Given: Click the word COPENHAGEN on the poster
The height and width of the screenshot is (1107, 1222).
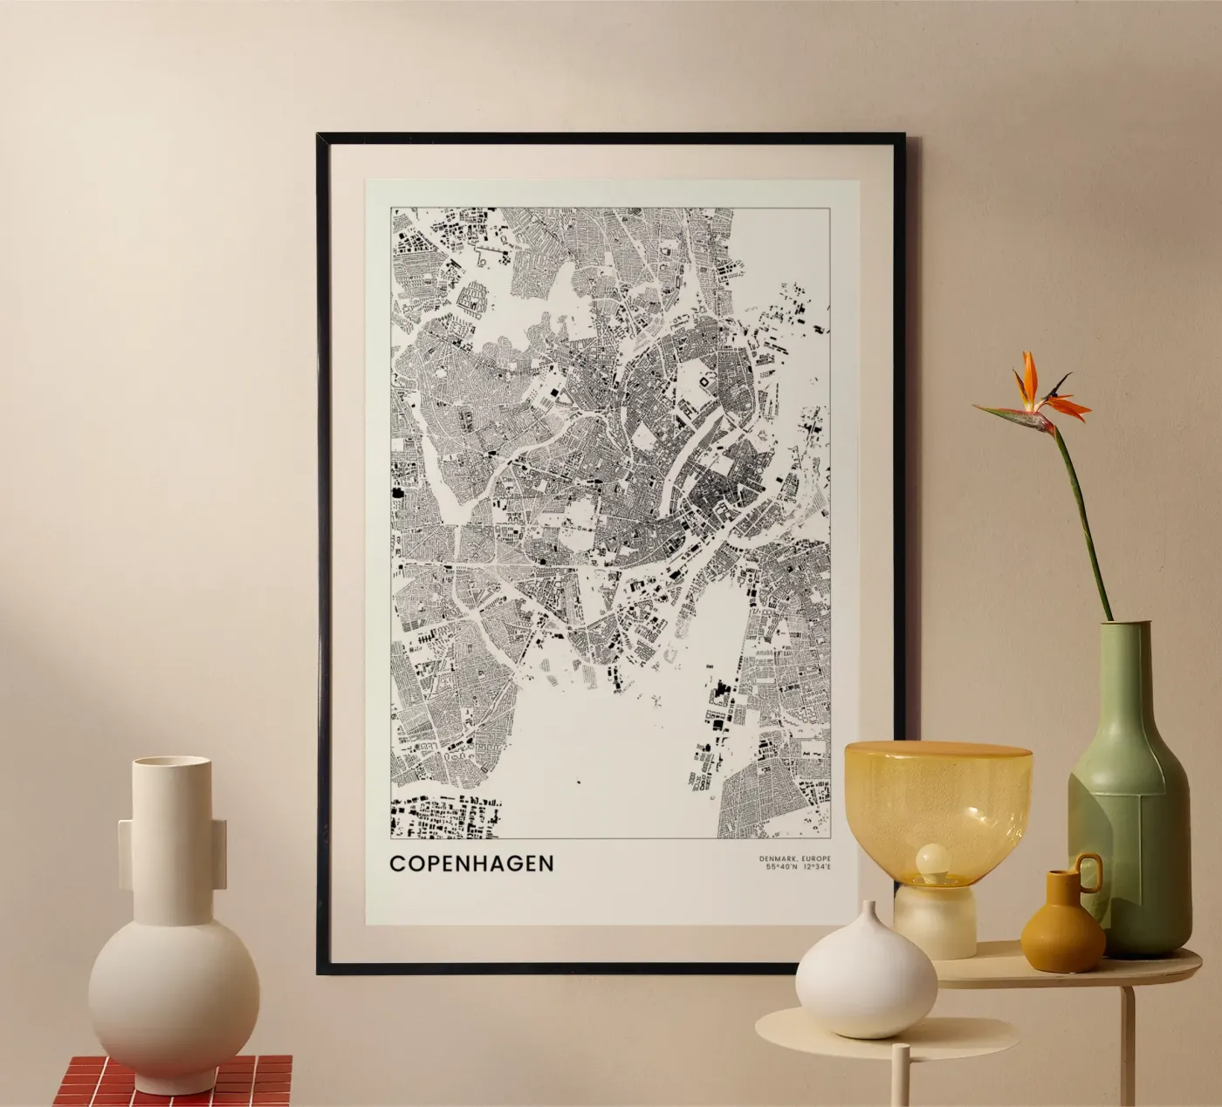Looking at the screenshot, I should pyautogui.click(x=471, y=863).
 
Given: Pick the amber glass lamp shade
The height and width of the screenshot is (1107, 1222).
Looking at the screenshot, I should pyautogui.click(x=937, y=794).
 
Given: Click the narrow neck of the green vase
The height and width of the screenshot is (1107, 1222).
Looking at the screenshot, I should pyautogui.click(x=1121, y=646).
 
